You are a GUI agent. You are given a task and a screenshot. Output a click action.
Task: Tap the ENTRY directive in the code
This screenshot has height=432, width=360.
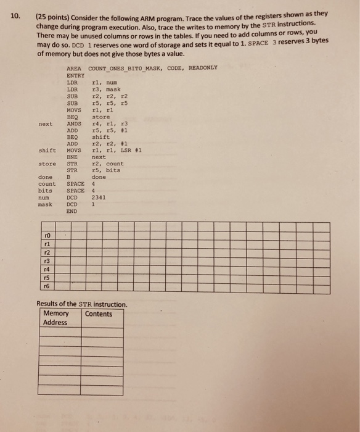pos(75,75)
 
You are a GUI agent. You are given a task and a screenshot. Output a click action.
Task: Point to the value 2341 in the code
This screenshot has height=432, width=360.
pos(99,197)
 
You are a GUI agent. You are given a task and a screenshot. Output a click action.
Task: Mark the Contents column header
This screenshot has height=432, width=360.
pos(99,314)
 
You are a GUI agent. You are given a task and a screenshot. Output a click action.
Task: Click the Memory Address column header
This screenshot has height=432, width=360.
pos(56,318)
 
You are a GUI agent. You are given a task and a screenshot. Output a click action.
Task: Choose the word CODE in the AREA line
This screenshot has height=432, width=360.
pos(171,68)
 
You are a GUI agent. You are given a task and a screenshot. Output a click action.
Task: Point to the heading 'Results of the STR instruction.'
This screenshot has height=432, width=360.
pos(82,304)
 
